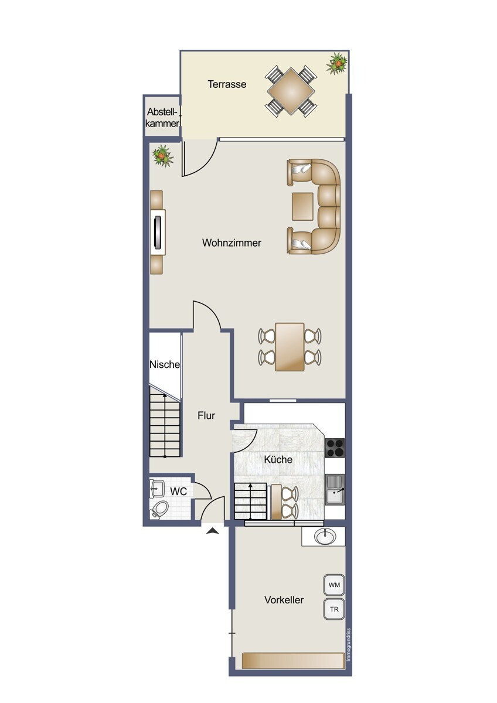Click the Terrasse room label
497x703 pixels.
tap(227, 84)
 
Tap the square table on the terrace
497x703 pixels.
tap(291, 91)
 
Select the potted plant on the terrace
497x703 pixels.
tap(337, 64)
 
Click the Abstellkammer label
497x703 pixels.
tap(162, 117)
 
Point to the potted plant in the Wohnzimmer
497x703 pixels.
tap(162, 156)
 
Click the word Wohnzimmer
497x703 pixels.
tap(232, 243)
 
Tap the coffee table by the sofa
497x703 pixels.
tap(302, 206)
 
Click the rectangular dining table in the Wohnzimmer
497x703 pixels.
tap(290, 347)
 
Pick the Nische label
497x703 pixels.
tap(165, 364)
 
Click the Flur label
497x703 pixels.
tap(206, 415)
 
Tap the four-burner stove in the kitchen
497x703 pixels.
tap(335, 448)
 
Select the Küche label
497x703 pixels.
tap(278, 459)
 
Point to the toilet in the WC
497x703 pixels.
tap(159, 509)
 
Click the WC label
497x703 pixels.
tap(179, 491)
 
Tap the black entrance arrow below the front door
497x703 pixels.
tap(213, 530)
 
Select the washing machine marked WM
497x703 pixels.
tap(334, 585)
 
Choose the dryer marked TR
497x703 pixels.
tap(334, 609)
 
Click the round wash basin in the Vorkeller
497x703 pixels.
tap(325, 537)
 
